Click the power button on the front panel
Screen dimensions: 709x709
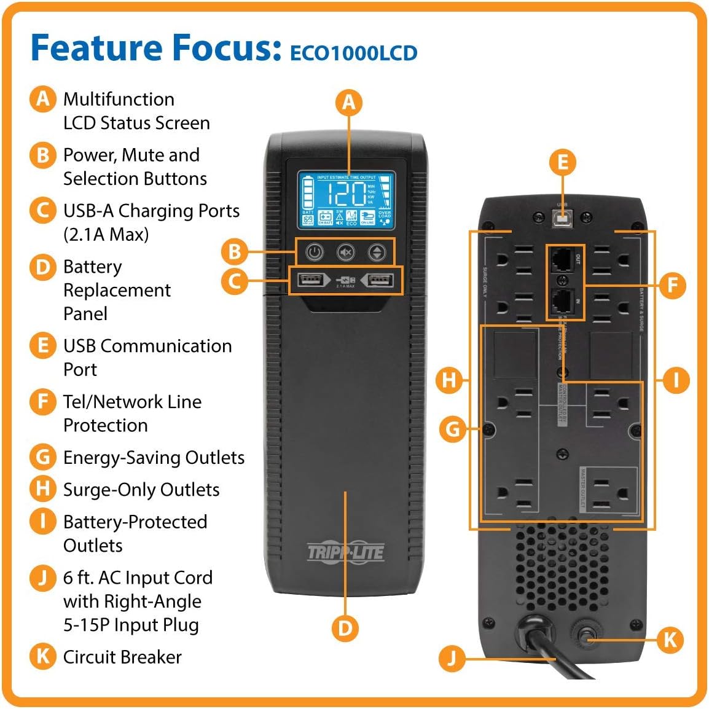tap(315, 253)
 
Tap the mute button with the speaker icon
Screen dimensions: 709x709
tap(346, 253)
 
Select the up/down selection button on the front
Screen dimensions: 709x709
tap(377, 253)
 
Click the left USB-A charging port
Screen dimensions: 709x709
tap(310, 281)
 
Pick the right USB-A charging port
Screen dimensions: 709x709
tap(379, 281)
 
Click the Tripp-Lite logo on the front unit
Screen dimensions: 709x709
tap(345, 552)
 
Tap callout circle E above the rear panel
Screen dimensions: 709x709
tap(562, 162)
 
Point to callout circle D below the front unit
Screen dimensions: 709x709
tap(345, 628)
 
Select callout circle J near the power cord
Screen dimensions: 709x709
tap(452, 659)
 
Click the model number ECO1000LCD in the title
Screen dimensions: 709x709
tap(353, 53)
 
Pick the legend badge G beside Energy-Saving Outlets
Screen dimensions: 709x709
tap(42, 457)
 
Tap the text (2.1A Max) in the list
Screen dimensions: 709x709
tap(106, 234)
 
